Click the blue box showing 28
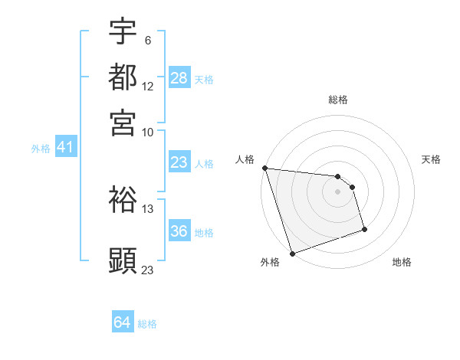pyautogui.click(x=179, y=78)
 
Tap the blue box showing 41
pyautogui.click(x=64, y=148)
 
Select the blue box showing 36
pyautogui.click(x=179, y=232)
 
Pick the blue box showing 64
pyautogui.click(x=122, y=323)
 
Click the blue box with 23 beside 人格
pyautogui.click(x=179, y=162)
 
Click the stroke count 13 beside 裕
pyautogui.click(x=148, y=208)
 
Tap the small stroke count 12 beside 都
pyautogui.click(x=148, y=87)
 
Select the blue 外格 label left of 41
pyautogui.click(x=41, y=149)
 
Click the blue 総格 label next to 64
pyautogui.click(x=147, y=324)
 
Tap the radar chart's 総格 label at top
pyautogui.click(x=338, y=100)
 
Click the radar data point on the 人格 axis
pyautogui.click(x=264, y=168)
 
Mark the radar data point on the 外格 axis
pyautogui.click(x=292, y=253)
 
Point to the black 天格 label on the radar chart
pyautogui.click(x=432, y=159)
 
